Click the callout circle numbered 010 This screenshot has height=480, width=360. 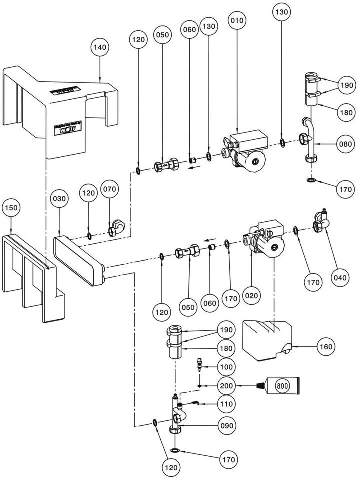point(236,20)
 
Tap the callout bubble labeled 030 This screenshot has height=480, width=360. point(59,198)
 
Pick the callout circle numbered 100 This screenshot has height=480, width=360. point(226,368)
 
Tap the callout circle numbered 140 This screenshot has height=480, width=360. point(99,47)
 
